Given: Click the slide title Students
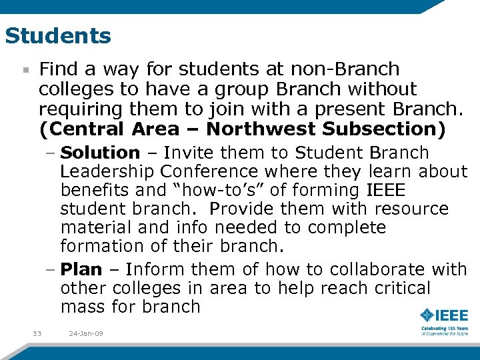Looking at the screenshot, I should pyautogui.click(x=58, y=36).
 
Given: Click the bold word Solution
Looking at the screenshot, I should pyautogui.click(x=100, y=153).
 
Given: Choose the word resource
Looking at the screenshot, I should pyautogui.click(x=412, y=209).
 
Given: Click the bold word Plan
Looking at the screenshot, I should pyautogui.click(x=81, y=270).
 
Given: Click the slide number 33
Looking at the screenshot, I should pyautogui.click(x=37, y=333).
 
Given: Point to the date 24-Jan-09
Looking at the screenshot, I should pyautogui.click(x=85, y=333).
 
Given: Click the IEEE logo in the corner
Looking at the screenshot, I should pyautogui.click(x=444, y=315).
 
